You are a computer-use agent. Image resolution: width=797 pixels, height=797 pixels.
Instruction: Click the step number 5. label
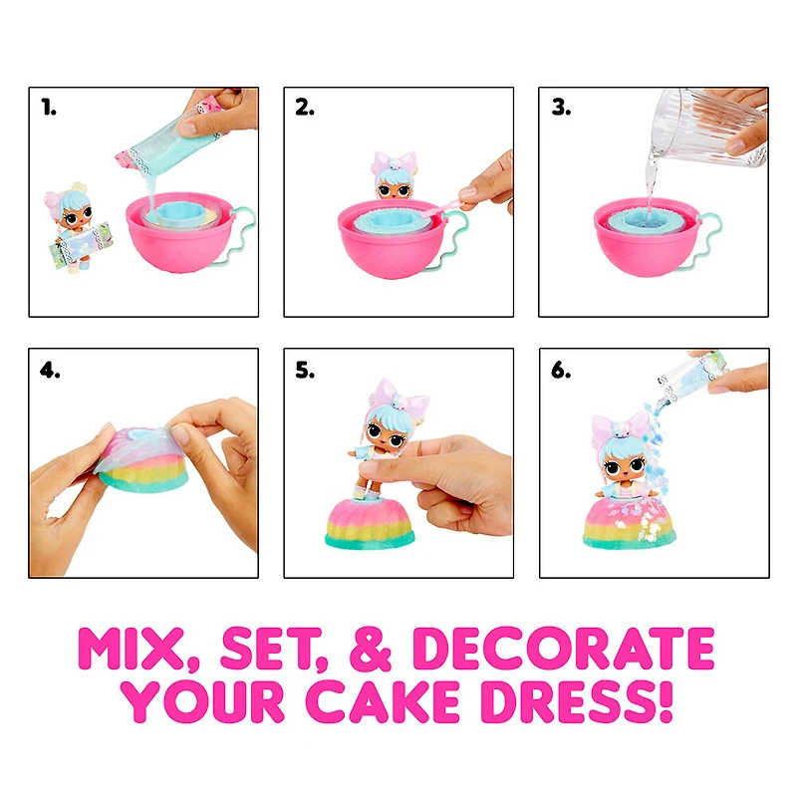click(305, 371)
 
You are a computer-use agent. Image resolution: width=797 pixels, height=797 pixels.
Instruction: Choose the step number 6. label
click(561, 371)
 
